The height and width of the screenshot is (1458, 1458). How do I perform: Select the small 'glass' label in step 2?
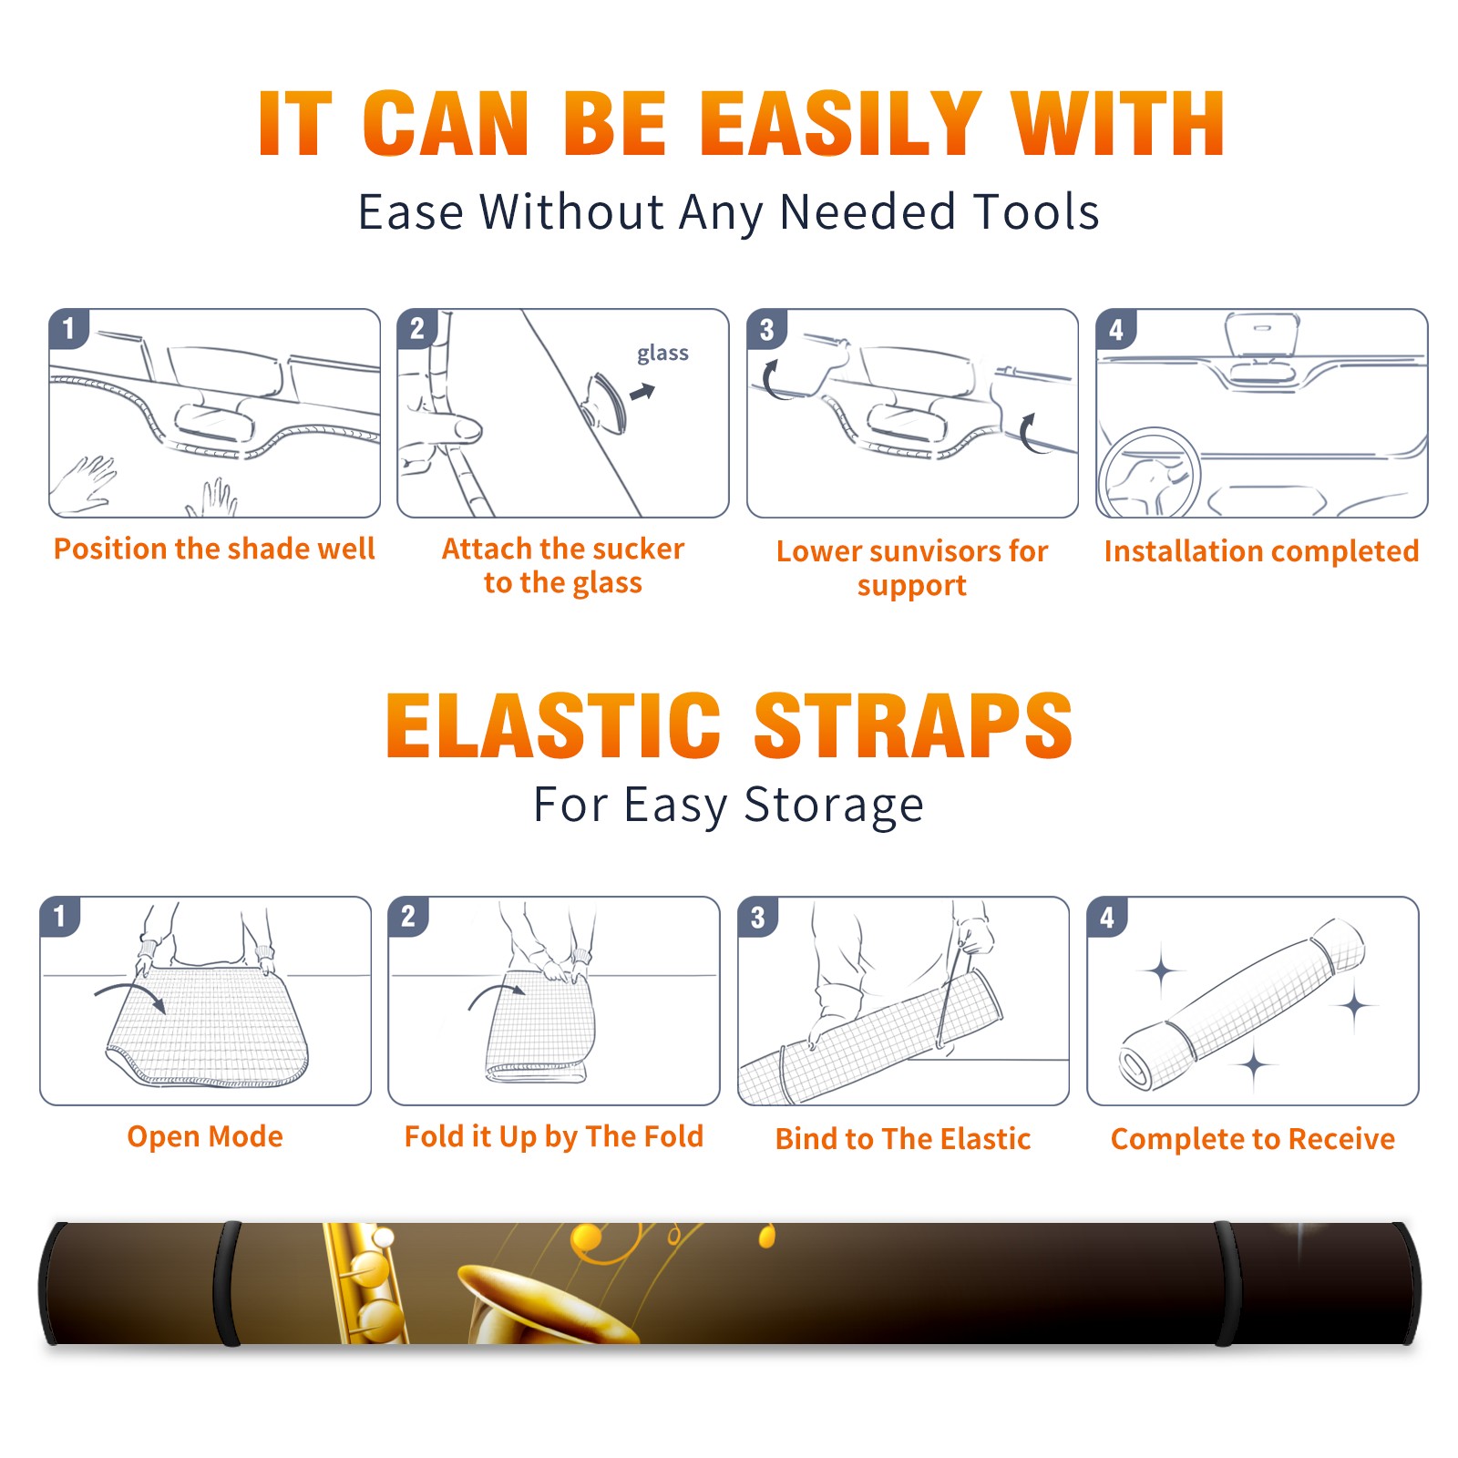point(662,354)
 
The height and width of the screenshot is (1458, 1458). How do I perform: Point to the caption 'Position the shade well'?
point(214,549)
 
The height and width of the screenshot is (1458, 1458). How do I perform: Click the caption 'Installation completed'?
point(1261,551)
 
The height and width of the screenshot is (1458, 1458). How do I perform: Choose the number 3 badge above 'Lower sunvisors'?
point(766,330)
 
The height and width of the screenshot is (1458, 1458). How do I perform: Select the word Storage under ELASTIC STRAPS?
point(834,806)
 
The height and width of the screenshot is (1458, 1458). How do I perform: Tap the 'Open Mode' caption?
point(205,1136)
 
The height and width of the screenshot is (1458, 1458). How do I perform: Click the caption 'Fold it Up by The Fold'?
point(554,1137)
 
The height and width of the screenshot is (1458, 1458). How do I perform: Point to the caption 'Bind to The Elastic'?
point(903,1139)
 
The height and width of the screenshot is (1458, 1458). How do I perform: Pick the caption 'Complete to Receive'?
point(1253,1139)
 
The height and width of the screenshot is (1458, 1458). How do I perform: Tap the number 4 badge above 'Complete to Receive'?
point(1107,918)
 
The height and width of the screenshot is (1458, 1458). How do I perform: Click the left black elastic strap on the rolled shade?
point(226,1283)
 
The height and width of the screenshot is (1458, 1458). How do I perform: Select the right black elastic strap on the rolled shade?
point(1227,1283)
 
